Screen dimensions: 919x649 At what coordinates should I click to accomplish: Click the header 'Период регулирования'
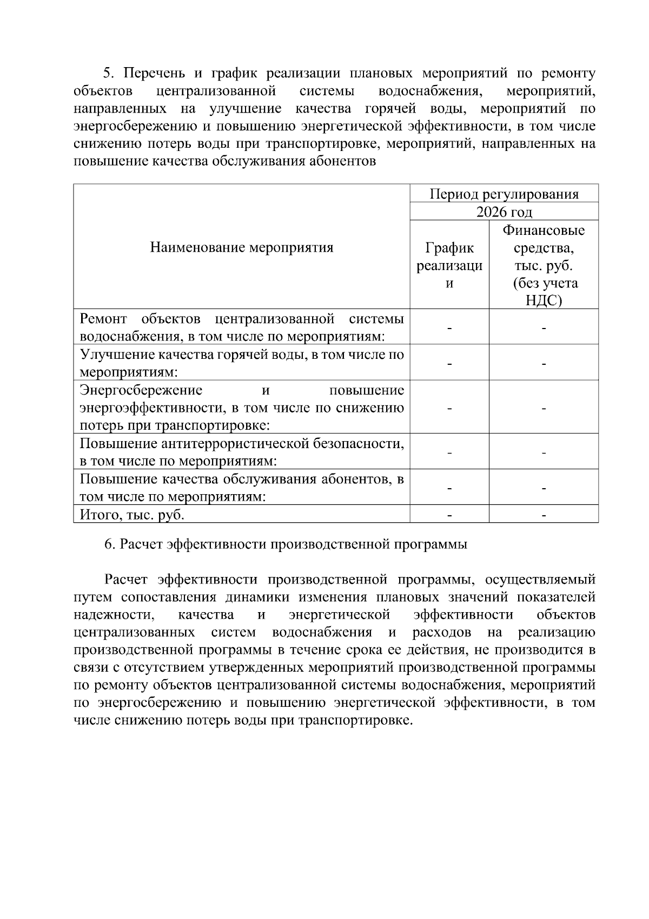point(504,194)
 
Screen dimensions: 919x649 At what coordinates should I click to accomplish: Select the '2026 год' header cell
point(504,212)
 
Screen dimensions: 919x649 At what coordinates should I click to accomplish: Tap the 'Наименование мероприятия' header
point(241,248)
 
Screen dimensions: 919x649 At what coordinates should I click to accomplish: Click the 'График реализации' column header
point(449,265)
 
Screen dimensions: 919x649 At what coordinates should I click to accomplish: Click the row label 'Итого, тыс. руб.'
point(133,514)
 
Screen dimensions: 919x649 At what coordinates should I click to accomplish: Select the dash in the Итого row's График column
point(449,515)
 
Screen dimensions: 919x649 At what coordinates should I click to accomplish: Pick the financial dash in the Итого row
point(544,515)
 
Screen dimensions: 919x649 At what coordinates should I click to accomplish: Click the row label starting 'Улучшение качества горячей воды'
point(241,363)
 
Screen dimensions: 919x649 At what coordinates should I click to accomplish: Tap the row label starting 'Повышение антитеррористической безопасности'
point(241,452)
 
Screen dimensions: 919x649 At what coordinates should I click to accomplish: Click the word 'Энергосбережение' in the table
point(141,390)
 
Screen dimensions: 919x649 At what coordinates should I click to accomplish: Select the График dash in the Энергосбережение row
point(449,408)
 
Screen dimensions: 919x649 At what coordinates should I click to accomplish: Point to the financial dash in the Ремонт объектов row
point(544,327)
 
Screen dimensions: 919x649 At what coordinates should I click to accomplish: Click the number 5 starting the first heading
point(107,73)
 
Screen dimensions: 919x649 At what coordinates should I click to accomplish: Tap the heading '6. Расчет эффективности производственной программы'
point(286,544)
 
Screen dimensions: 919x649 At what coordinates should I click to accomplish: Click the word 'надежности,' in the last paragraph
point(114,615)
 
